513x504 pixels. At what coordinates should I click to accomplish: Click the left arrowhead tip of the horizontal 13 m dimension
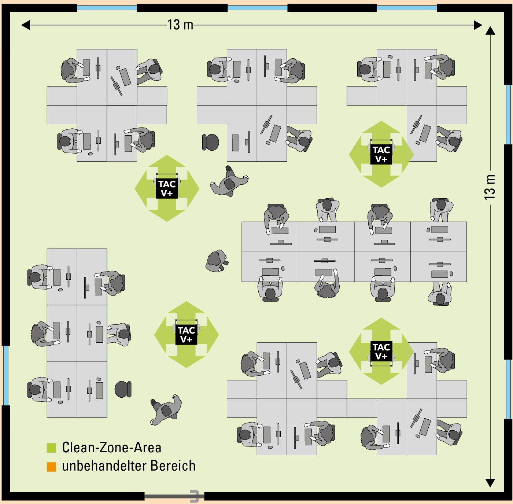21,25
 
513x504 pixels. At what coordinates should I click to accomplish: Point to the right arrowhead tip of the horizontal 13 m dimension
482,25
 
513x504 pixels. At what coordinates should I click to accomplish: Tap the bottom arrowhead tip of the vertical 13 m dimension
490,487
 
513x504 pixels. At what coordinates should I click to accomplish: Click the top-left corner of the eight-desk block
242,222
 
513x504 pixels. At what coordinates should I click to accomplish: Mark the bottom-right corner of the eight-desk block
467,282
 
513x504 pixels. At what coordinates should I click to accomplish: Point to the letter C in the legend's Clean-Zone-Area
66,448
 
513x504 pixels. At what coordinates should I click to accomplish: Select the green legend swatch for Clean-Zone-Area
51,448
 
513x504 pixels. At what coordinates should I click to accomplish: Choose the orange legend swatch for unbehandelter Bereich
51,467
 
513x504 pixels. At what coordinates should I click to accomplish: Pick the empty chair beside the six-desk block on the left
123,389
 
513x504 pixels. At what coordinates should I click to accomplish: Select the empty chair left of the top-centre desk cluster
210,142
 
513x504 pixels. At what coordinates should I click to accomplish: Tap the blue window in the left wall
6,376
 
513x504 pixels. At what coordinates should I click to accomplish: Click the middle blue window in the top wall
258,7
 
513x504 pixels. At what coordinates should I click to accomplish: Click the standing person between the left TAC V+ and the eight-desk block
217,261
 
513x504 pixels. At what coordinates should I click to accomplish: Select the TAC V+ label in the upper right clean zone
381,154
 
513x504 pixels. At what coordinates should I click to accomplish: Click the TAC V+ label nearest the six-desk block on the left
187,335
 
